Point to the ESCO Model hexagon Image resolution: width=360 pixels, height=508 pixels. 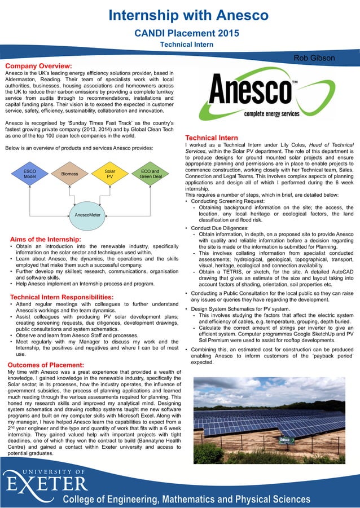29,173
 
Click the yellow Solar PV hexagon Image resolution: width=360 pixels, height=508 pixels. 110,173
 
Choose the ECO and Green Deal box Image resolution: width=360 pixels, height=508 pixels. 150,173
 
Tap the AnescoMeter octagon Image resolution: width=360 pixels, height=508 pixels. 87,215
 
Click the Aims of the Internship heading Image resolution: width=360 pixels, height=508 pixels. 46,240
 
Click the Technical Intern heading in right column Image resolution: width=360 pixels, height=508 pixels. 211,138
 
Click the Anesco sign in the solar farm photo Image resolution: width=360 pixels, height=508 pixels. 286,439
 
